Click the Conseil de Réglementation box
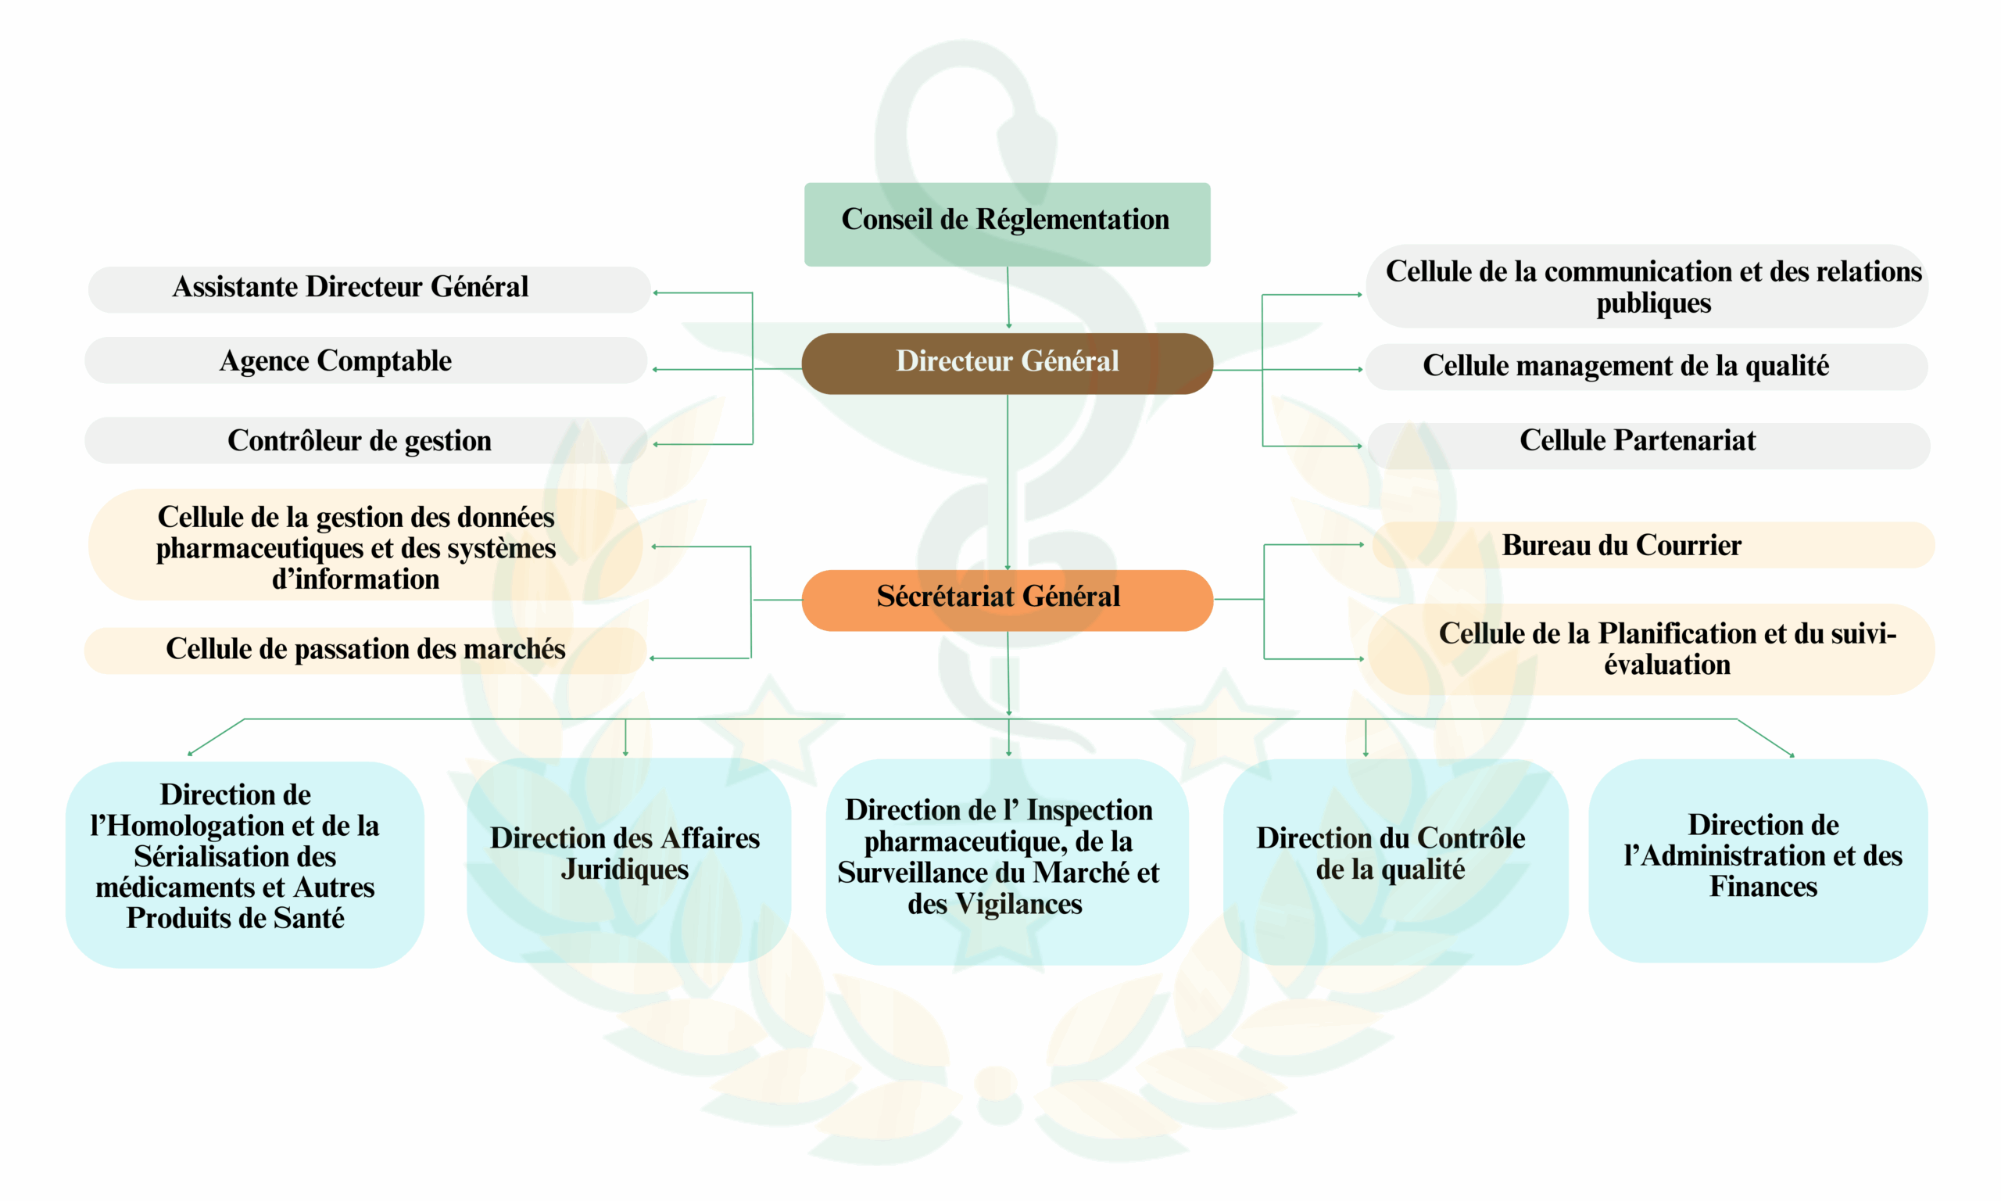point(1007,224)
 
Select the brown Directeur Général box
point(1007,364)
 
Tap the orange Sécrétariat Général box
point(1007,600)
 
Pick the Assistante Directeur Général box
point(369,290)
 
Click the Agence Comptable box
point(366,360)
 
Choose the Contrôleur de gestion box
point(366,440)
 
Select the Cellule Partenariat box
point(1648,445)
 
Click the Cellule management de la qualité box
point(1646,367)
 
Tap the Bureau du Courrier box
point(1653,545)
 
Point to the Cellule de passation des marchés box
point(366,651)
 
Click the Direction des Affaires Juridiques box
point(628,859)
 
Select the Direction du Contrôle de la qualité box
point(1395,861)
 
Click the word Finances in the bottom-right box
point(1763,887)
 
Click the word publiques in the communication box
point(1653,303)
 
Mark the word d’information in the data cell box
point(355,579)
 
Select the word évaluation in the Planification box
point(1667,665)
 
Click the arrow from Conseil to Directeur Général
point(1008,297)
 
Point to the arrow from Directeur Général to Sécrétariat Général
point(1008,482)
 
